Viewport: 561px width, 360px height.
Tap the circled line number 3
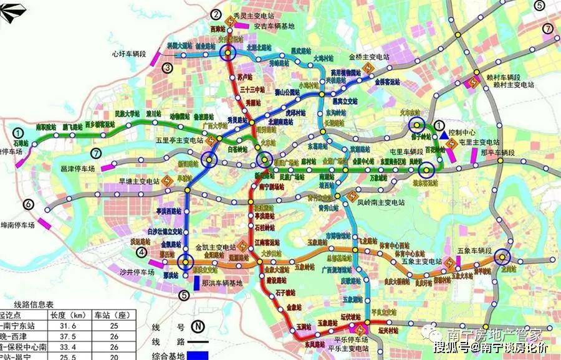[x=166, y=68]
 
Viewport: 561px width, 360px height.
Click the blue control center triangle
[x=443, y=135]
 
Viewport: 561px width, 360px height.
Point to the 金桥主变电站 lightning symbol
[x=370, y=66]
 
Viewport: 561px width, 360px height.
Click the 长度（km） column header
[x=69, y=315]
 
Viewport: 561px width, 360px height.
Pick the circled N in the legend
[x=198, y=326]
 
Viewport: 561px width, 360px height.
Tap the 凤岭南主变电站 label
[x=378, y=203]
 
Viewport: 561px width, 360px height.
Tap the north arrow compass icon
[x=13, y=11]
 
